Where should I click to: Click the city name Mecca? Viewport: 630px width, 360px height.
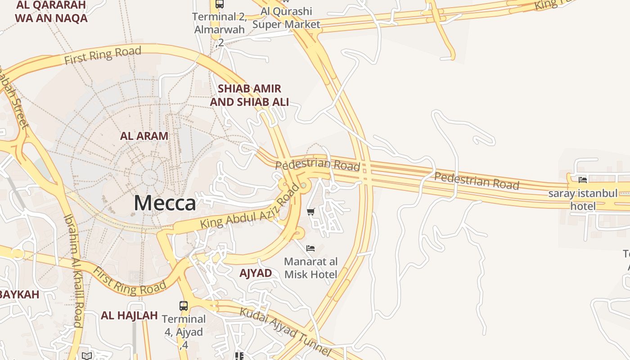point(165,203)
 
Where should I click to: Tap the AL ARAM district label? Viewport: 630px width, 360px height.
point(144,136)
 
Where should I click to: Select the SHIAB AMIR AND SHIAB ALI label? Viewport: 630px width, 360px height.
point(249,95)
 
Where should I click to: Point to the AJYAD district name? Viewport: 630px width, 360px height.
point(256,273)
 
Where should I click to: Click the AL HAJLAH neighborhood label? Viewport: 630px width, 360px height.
point(129,315)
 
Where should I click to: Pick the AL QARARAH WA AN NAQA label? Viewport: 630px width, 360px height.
point(51,12)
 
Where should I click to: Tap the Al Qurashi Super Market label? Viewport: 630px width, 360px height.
point(286,18)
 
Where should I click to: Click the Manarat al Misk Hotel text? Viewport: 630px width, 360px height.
point(311,268)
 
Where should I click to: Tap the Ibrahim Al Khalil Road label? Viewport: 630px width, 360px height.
point(73,270)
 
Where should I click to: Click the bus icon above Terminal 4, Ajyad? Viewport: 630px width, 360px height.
point(184,306)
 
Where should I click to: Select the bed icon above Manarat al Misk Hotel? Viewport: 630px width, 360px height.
point(310,248)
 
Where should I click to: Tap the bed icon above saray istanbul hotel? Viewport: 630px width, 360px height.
point(583,180)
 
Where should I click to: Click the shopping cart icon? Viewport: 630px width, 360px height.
point(310,211)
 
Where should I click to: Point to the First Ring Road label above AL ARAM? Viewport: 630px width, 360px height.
point(103,55)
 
